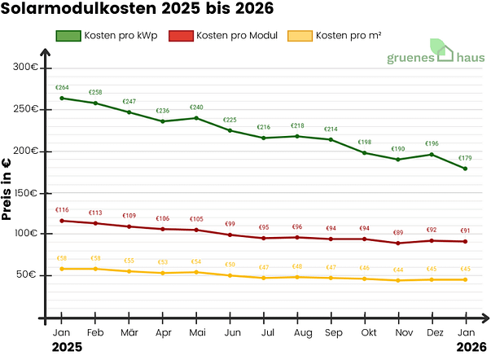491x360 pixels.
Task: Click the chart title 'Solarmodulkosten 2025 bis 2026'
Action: point(137,10)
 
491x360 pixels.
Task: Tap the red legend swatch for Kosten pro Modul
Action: point(180,36)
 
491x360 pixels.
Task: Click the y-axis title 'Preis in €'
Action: point(7,191)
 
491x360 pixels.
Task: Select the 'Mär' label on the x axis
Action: point(129,333)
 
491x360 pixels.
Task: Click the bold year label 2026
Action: point(465,348)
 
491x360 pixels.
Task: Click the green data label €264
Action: point(62,88)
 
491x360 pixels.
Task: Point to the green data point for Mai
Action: point(196,118)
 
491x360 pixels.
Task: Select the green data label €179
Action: point(465,158)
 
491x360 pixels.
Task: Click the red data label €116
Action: point(62,210)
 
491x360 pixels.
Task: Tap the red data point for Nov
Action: point(398,243)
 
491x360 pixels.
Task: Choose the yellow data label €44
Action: point(398,270)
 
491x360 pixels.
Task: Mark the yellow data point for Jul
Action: point(264,278)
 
